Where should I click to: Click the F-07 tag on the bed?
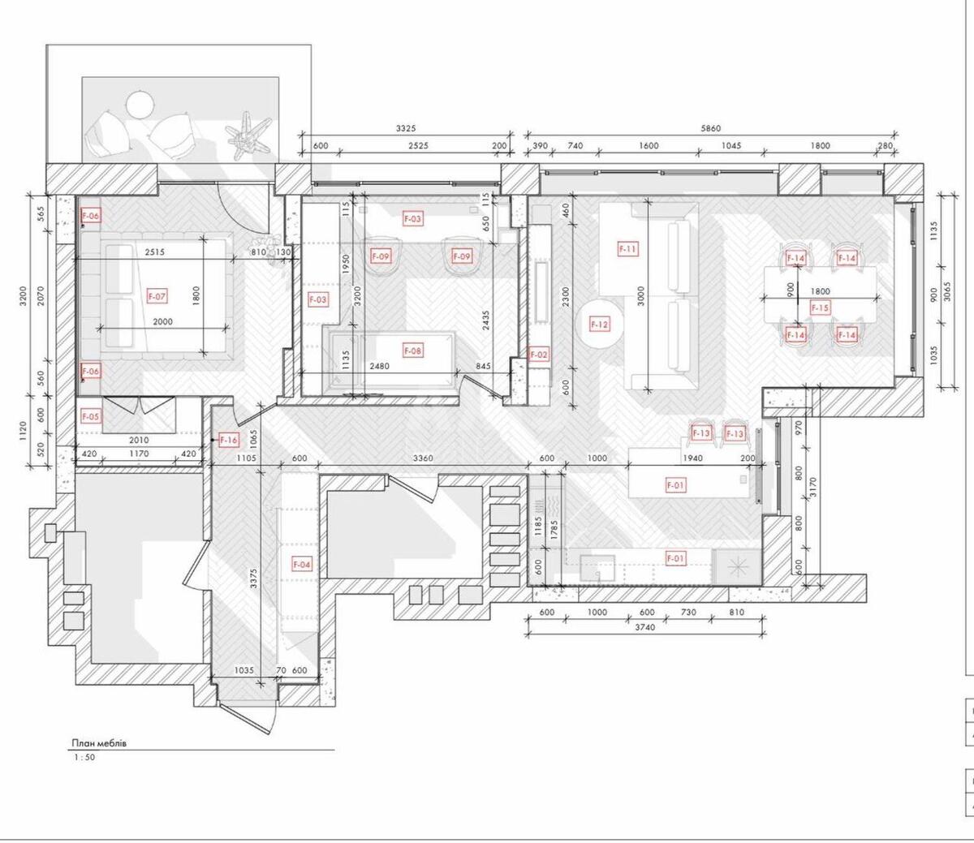(157, 296)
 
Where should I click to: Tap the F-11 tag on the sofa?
(627, 249)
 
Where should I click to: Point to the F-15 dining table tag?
(820, 308)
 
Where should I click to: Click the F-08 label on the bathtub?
(412, 351)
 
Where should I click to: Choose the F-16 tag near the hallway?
(229, 440)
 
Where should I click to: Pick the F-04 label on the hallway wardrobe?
(301, 564)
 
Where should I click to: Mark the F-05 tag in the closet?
(91, 416)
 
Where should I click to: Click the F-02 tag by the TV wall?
(538, 355)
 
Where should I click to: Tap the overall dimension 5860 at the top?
(710, 128)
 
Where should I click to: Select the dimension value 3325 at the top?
(407, 128)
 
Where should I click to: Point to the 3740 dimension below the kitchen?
(646, 626)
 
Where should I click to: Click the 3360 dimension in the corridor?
(423, 458)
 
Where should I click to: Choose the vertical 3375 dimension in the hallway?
(254, 578)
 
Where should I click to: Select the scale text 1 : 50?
(83, 757)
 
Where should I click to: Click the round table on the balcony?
(140, 104)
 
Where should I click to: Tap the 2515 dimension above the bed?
(155, 252)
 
